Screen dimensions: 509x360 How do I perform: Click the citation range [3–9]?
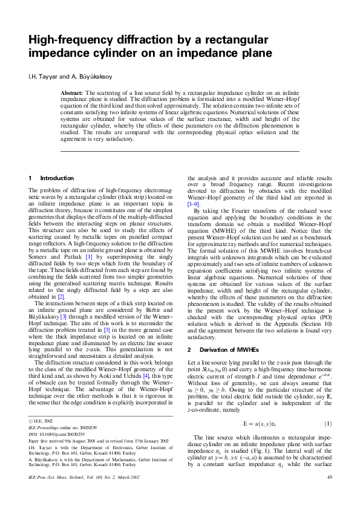[194, 205]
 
